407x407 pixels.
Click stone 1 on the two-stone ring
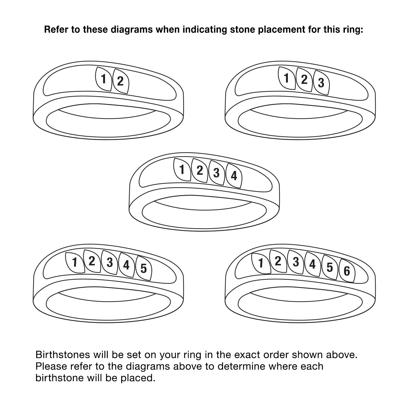(x=103, y=79)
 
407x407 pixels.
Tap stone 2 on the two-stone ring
(x=120, y=81)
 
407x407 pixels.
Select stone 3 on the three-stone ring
(x=321, y=83)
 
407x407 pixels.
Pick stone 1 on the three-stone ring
(x=287, y=78)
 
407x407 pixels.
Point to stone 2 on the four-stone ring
(x=199, y=171)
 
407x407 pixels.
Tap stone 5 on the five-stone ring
(x=144, y=268)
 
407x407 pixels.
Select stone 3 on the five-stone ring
(x=110, y=262)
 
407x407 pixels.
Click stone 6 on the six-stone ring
(x=347, y=271)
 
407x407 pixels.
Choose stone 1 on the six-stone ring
(x=261, y=263)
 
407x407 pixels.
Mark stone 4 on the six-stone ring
(x=313, y=264)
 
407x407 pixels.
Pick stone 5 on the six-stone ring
(x=330, y=267)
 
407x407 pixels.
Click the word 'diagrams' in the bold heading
(x=132, y=30)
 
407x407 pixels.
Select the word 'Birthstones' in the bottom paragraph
(x=63, y=355)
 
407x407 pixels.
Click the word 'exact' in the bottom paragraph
(x=248, y=355)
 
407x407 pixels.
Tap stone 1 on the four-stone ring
(x=182, y=170)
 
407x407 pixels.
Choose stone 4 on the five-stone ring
(x=126, y=265)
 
